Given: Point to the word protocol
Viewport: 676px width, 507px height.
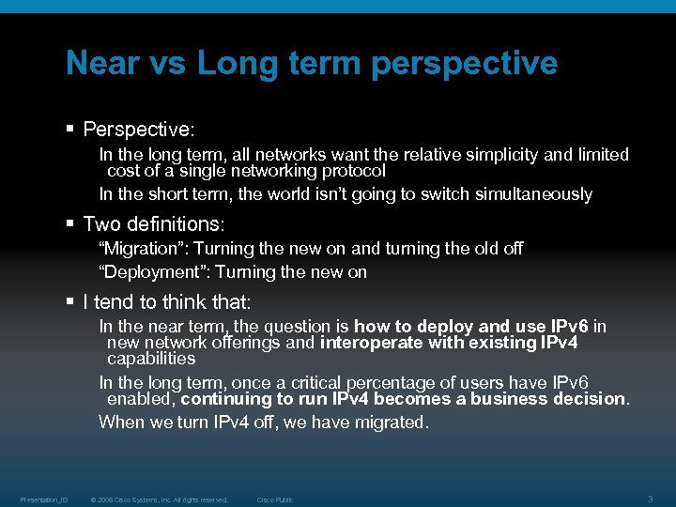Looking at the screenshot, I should coord(353,171).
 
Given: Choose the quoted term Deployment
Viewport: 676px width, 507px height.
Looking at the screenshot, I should coord(147,272).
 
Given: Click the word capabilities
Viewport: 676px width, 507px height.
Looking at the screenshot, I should coord(151,359).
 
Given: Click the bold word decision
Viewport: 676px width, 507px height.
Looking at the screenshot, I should coord(587,398).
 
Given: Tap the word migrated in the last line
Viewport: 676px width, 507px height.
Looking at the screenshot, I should coord(391,422).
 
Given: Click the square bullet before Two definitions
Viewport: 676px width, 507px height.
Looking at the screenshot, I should coord(70,224).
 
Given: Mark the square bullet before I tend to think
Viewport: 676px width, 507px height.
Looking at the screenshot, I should coord(70,302).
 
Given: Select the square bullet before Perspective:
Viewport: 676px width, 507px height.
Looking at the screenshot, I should coord(70,128).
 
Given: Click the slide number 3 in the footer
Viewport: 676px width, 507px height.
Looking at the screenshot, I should coord(651,499).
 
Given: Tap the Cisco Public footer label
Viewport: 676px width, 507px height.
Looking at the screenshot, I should coord(275,499).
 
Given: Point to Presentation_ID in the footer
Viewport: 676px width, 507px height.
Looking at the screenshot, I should coord(44,499).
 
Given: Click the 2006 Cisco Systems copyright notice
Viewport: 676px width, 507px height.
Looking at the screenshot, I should coord(159,499).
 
